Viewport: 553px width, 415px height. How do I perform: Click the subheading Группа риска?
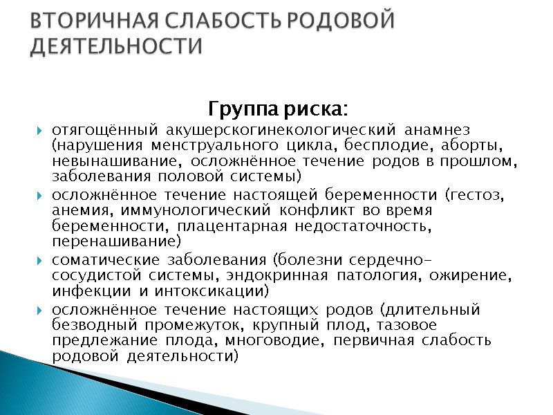pyautogui.click(x=278, y=110)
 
